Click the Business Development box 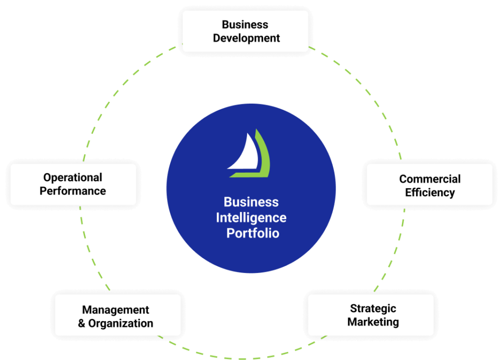pyautogui.click(x=245, y=31)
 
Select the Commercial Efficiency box pyautogui.click(x=430, y=185)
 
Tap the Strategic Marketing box pyautogui.click(x=371, y=315)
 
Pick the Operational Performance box pyautogui.click(x=73, y=184)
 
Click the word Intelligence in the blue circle pyautogui.click(x=251, y=218)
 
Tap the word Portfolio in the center pyautogui.click(x=253, y=234)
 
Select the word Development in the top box pyautogui.click(x=246, y=38)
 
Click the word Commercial pyautogui.click(x=430, y=179)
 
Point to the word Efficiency pyautogui.click(x=430, y=192)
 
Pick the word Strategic pyautogui.click(x=373, y=309)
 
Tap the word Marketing pyautogui.click(x=373, y=322)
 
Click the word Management pyautogui.click(x=116, y=310)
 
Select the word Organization pyautogui.click(x=121, y=323)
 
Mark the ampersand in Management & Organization pyautogui.click(x=81, y=323)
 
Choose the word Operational pyautogui.click(x=72, y=177)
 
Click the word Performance pyautogui.click(x=73, y=191)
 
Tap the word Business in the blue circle pyautogui.click(x=251, y=202)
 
